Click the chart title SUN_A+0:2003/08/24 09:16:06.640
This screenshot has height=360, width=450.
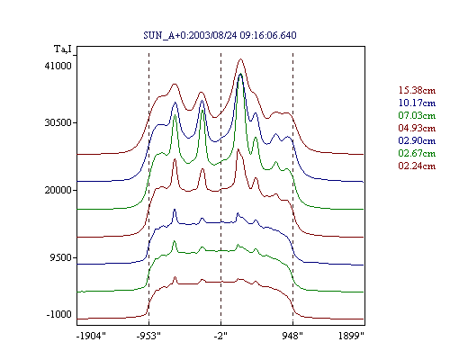(x=220, y=35)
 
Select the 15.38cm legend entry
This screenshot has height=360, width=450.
(x=417, y=90)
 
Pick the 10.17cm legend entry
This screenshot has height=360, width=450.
(x=417, y=103)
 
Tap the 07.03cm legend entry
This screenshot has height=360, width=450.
(x=417, y=115)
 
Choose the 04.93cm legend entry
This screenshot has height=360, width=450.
(x=417, y=128)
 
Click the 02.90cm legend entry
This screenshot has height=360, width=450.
(x=417, y=140)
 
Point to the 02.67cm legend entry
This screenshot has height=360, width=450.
(x=417, y=153)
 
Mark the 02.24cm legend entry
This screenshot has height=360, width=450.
(x=417, y=166)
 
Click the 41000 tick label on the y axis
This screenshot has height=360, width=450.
(x=58, y=66)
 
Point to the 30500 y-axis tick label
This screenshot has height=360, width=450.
(x=58, y=122)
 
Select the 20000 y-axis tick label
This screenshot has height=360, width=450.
(x=58, y=190)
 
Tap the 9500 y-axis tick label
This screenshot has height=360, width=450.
(x=61, y=257)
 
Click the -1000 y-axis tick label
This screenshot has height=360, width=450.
(x=58, y=314)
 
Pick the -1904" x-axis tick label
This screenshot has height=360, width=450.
(x=91, y=336)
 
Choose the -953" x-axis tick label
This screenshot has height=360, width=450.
(x=148, y=336)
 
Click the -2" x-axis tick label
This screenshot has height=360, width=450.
(x=220, y=336)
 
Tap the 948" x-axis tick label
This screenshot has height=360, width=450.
(x=292, y=336)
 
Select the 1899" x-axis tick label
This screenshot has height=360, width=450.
(x=351, y=336)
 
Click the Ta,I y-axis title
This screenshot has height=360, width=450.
(x=63, y=49)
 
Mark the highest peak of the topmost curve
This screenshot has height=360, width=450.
(x=240, y=59)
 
